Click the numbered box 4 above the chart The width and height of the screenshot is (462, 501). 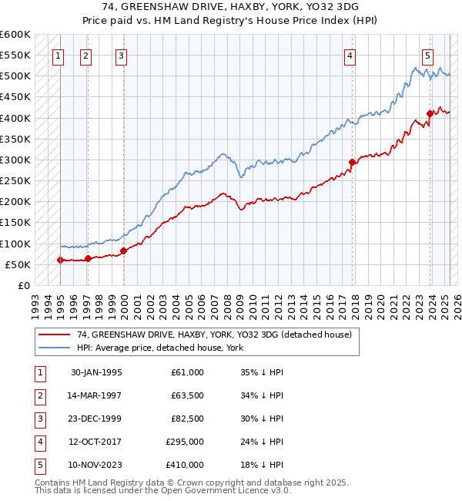(x=350, y=55)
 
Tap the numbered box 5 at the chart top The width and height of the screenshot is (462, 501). (x=427, y=55)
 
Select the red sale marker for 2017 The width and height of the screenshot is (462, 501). (x=352, y=162)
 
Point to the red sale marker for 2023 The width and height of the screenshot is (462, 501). (x=430, y=114)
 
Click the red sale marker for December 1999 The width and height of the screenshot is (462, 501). (x=123, y=250)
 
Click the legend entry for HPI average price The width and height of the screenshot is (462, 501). (x=159, y=348)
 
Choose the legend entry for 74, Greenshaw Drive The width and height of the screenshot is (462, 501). (x=213, y=335)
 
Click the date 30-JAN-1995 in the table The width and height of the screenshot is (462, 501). (x=96, y=372)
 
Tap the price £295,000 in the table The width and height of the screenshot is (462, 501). (x=185, y=442)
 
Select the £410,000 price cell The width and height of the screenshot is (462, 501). (x=185, y=465)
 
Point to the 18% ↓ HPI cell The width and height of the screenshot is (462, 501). (x=262, y=465)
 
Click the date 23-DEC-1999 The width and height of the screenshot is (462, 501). (x=96, y=419)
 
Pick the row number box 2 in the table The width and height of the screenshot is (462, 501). (x=38, y=395)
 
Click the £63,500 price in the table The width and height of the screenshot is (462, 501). (x=187, y=395)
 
